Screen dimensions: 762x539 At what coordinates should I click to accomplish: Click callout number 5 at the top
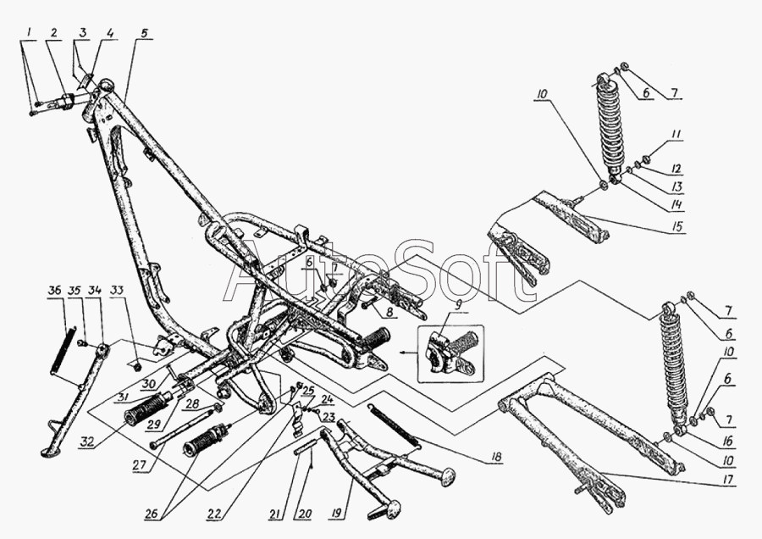point(144,33)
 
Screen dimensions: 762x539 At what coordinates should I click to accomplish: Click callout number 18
point(496,458)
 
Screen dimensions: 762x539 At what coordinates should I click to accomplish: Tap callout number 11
point(676,134)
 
